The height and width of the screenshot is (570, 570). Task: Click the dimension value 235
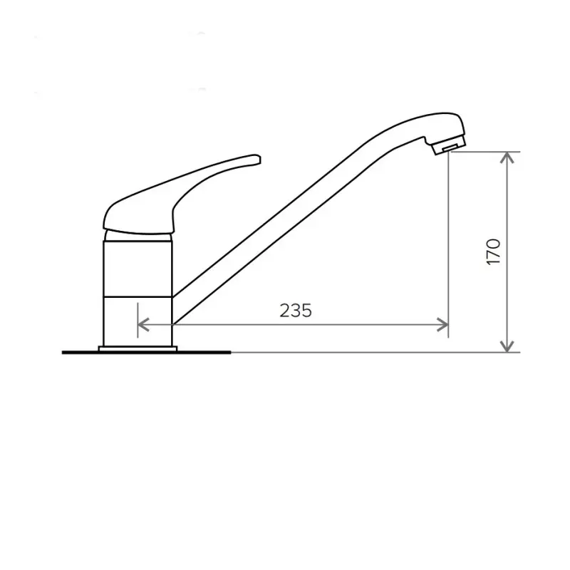pyautogui.click(x=296, y=311)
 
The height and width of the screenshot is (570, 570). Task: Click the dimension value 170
pyautogui.click(x=493, y=252)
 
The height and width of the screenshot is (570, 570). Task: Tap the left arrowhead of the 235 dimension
pyautogui.click(x=144, y=325)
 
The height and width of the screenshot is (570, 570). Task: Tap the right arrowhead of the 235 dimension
pyautogui.click(x=442, y=325)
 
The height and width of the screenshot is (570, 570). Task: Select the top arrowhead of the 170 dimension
pyautogui.click(x=507, y=157)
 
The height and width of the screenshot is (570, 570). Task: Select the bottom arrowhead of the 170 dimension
pyautogui.click(x=507, y=346)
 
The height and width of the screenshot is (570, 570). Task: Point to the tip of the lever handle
pyautogui.click(x=259, y=159)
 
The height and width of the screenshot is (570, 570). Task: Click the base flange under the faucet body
pyautogui.click(x=138, y=349)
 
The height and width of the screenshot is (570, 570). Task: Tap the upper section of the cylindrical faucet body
pyautogui.click(x=138, y=269)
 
